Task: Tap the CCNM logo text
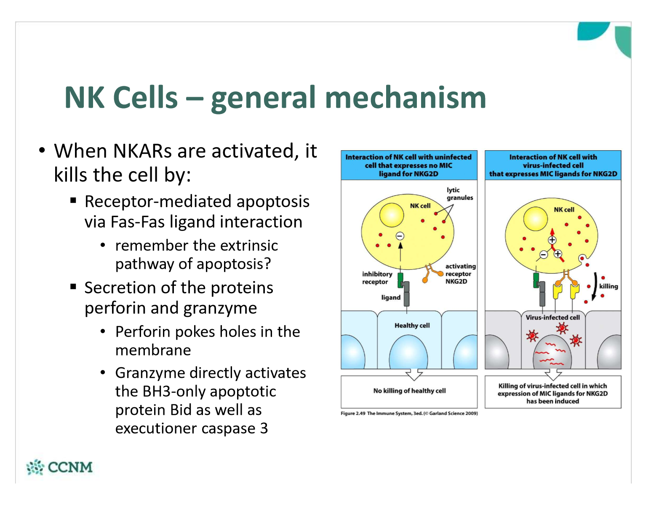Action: click(70, 467)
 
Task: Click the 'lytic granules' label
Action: click(459, 194)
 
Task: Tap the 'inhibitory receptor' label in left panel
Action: click(377, 278)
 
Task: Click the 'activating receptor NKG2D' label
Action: click(460, 274)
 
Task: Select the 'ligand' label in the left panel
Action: click(390, 297)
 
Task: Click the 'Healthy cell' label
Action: click(412, 325)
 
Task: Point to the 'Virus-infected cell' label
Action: click(552, 318)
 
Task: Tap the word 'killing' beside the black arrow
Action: click(608, 286)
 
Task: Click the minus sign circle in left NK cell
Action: click(400, 236)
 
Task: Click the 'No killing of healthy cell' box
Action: click(409, 391)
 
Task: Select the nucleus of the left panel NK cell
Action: click(392, 215)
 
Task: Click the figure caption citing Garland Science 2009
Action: click(409, 413)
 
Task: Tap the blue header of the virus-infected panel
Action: click(553, 165)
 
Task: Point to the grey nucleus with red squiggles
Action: click(552, 353)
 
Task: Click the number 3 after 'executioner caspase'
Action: click(264, 429)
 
